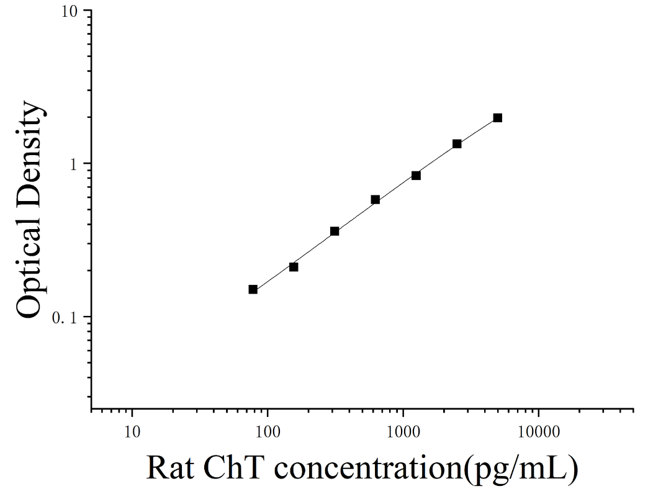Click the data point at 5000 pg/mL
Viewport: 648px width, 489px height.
click(x=498, y=118)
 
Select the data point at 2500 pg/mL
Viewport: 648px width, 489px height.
click(x=457, y=144)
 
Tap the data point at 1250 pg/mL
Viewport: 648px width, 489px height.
click(x=416, y=176)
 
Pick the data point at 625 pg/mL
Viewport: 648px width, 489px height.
click(x=376, y=200)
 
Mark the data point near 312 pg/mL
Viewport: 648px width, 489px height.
click(x=335, y=231)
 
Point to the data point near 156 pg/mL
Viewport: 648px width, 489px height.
click(x=294, y=267)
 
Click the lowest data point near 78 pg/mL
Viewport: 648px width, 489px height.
click(x=253, y=290)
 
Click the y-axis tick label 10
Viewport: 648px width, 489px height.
click(x=70, y=11)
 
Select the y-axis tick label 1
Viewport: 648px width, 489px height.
click(x=74, y=165)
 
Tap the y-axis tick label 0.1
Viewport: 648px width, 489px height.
click(x=65, y=318)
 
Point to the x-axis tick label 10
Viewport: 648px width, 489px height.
click(x=132, y=432)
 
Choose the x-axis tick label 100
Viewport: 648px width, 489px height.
click(x=268, y=432)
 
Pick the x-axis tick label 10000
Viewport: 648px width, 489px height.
click(x=538, y=432)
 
